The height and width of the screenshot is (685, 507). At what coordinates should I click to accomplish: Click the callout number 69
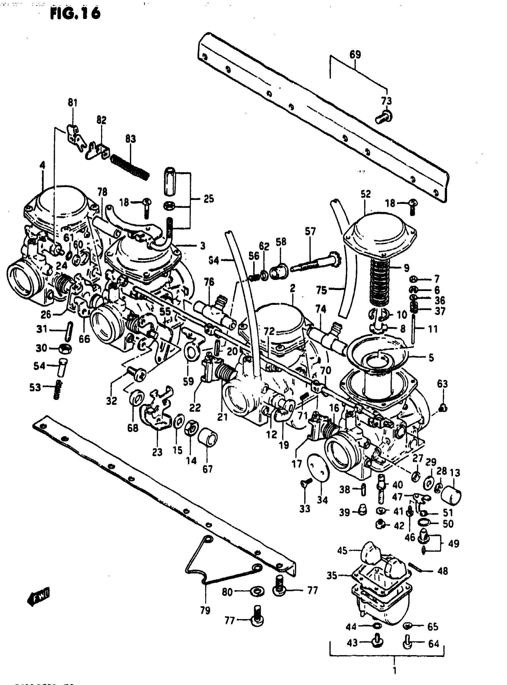[355, 55]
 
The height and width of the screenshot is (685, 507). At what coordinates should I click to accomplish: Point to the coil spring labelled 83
[130, 167]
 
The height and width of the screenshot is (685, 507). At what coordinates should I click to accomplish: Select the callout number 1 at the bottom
[394, 670]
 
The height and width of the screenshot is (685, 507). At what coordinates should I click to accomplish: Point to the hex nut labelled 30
[65, 349]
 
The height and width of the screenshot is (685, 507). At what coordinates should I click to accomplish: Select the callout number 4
[42, 165]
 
